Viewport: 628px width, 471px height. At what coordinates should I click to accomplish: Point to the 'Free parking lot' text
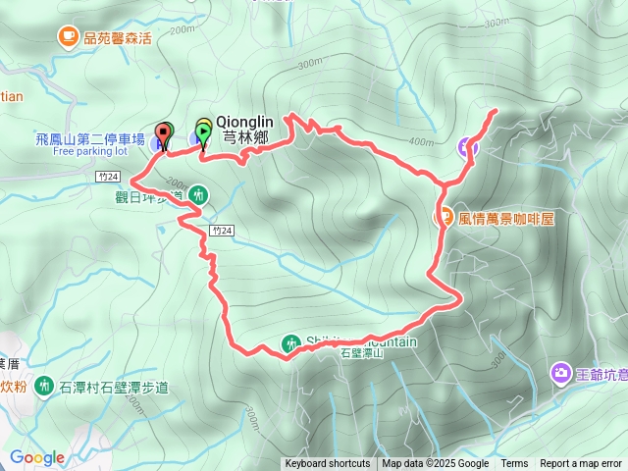[90, 152]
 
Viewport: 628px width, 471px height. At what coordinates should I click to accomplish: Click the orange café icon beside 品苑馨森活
[68, 37]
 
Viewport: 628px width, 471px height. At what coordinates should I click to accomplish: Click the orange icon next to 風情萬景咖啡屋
[445, 217]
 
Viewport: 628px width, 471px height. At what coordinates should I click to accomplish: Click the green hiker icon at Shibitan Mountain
[290, 343]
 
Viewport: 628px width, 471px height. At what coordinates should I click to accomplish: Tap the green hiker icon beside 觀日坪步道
[198, 195]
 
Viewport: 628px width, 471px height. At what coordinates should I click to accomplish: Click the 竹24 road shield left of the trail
[109, 177]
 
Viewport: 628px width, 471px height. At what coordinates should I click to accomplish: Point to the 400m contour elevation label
[421, 143]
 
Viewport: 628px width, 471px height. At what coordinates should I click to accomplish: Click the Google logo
[36, 457]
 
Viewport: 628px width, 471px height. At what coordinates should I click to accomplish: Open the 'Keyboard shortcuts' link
[328, 464]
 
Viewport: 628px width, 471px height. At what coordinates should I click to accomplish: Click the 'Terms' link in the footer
[514, 464]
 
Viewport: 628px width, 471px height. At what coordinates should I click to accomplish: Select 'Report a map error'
[581, 464]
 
